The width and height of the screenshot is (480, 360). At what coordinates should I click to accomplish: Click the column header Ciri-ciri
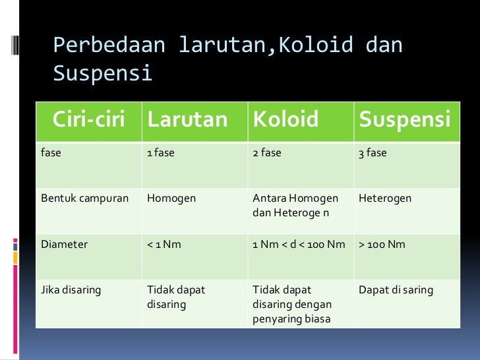(89, 120)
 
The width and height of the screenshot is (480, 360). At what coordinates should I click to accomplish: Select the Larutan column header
(187, 120)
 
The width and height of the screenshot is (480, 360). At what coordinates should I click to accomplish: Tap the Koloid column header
(285, 120)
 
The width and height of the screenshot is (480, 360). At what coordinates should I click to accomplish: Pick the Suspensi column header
(405, 120)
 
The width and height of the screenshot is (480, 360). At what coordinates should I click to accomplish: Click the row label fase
(51, 153)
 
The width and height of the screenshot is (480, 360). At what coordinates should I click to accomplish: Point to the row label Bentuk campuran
(84, 198)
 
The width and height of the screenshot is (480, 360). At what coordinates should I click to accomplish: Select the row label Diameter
(64, 244)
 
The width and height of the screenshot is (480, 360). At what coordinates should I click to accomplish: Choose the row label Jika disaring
(71, 289)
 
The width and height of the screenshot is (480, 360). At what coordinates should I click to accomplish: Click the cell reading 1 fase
(160, 153)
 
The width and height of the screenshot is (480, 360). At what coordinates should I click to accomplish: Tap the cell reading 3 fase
(373, 153)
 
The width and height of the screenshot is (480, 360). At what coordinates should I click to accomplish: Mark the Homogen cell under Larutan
(171, 198)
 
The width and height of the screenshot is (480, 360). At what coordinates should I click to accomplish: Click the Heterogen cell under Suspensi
(386, 198)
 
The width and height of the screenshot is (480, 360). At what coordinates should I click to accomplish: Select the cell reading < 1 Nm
(164, 244)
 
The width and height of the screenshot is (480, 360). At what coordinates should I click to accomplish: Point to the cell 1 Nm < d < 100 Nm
(299, 244)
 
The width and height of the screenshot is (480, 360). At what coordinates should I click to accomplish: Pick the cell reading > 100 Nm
(382, 244)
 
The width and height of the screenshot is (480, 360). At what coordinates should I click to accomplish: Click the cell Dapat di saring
(396, 289)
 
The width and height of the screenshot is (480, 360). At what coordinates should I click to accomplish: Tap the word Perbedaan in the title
(109, 45)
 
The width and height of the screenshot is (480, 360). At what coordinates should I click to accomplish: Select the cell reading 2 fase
(267, 153)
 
